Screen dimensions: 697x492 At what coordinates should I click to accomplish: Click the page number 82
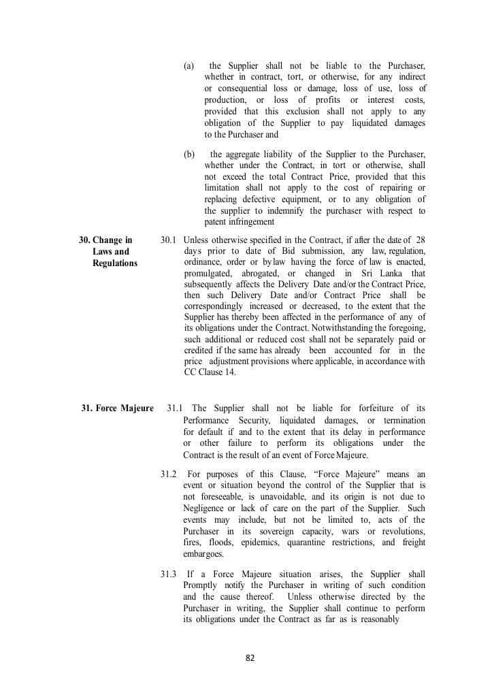[250, 658]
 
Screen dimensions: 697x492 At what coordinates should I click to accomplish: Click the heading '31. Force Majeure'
[117, 408]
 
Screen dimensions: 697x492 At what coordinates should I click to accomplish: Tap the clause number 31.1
[175, 408]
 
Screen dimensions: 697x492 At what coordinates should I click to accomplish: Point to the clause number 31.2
[169, 474]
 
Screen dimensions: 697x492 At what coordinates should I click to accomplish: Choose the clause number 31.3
[169, 574]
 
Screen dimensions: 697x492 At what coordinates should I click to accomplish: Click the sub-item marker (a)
[189, 66]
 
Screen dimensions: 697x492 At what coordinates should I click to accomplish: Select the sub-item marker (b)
[189, 155]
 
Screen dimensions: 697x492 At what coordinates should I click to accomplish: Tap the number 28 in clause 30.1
[420, 240]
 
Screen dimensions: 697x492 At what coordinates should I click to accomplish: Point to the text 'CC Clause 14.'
[209, 372]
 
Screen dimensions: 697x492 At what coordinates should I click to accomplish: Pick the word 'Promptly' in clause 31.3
[201, 585]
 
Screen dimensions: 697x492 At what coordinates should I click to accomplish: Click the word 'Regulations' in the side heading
[115, 263]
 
